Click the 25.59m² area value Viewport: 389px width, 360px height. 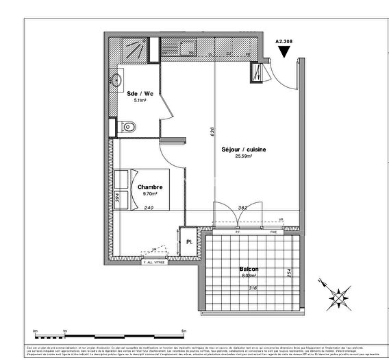pos(243,156)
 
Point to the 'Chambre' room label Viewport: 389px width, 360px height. pos(149,187)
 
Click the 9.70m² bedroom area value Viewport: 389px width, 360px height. pos(150,193)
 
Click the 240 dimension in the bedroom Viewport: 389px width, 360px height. pos(149,207)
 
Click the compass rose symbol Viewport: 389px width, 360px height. pos(338,296)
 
